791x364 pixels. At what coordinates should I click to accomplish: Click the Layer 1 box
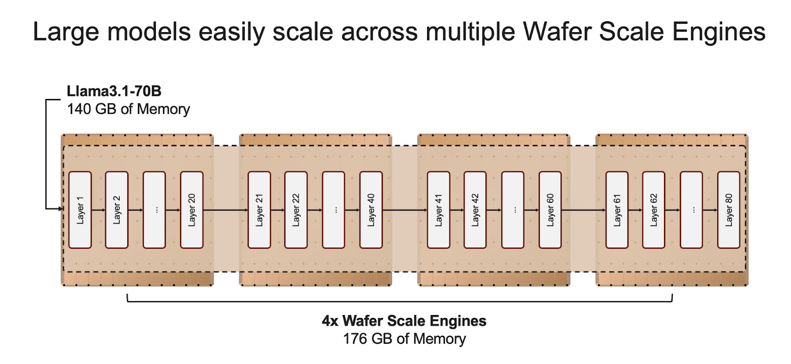pos(80,210)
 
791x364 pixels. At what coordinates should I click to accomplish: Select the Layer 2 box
pos(117,210)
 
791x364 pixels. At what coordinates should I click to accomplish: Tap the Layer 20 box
pos(192,210)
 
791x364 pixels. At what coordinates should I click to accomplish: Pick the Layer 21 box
pos(259,210)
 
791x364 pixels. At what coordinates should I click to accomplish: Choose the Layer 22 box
pos(296,210)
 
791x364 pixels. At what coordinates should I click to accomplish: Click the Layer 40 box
pos(371,210)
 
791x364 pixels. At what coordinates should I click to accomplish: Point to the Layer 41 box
pos(439,210)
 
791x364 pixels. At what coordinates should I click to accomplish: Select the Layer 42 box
pos(475,210)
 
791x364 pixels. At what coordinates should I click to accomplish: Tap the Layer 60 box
pos(550,210)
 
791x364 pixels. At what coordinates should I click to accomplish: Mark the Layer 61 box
pos(617,210)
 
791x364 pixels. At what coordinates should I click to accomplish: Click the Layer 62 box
pos(654,210)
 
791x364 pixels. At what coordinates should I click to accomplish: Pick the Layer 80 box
pos(729,210)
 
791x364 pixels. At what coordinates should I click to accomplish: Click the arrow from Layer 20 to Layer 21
pos(225,210)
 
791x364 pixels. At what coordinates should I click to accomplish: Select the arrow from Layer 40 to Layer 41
pos(404,210)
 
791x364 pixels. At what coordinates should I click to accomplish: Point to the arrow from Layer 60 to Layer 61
pos(583,210)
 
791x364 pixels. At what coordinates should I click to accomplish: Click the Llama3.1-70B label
pos(114,91)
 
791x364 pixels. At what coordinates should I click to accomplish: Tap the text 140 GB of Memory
pos(128,109)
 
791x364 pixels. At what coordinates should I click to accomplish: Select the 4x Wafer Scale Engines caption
pos(404,321)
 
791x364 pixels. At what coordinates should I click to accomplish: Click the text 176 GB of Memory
pos(404,339)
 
